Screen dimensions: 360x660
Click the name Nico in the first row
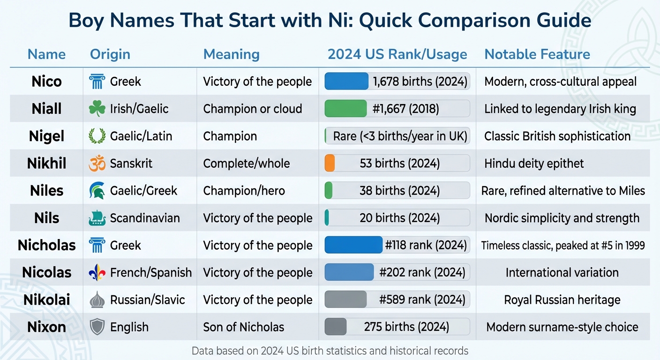[x=46, y=82]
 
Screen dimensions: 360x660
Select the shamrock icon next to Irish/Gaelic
[x=97, y=109]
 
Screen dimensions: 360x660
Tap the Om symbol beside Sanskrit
[x=97, y=164]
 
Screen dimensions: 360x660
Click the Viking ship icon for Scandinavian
[x=97, y=218]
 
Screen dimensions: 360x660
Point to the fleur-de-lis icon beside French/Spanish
[x=97, y=273]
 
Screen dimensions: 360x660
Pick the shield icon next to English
[x=97, y=327]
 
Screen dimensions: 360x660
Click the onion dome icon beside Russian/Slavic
[x=97, y=300]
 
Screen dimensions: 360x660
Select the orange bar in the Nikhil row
[x=330, y=163]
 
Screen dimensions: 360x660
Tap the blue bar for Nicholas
[x=353, y=245]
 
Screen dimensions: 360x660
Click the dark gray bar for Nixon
[x=336, y=327]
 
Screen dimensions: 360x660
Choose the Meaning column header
[x=231, y=54]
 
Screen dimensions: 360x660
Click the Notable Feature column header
[x=537, y=54]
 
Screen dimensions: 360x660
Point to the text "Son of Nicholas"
[x=244, y=327]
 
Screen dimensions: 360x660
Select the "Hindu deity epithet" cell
[x=534, y=164]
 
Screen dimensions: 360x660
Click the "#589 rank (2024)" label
[x=422, y=300]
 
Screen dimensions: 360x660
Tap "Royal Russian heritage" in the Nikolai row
[x=562, y=300]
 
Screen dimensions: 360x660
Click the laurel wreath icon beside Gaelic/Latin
[x=97, y=136]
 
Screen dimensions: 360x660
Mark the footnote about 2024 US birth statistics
[x=330, y=351]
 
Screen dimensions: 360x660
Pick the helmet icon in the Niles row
[x=97, y=191]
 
